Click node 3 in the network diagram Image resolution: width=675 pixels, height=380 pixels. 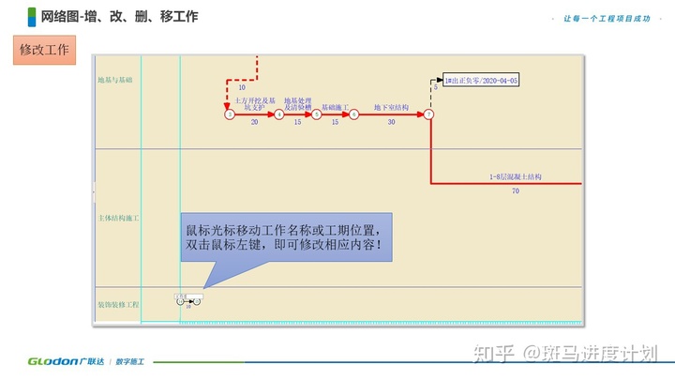pos(229,114)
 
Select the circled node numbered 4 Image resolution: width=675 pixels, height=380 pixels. pos(279,114)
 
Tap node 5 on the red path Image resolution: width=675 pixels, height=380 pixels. pos(317,114)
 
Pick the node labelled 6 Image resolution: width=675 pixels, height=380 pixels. pos(354,114)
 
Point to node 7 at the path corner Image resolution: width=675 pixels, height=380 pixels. pos(428,114)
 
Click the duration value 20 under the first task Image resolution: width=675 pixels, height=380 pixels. pos(254,123)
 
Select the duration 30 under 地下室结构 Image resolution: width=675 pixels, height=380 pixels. pos(391,123)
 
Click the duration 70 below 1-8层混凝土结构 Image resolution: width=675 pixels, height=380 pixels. pos(516,191)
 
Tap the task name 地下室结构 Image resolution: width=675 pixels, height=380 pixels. pos(391,107)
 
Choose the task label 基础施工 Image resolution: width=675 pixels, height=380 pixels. pos(336,107)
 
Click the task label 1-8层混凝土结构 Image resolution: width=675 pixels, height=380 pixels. pos(516,176)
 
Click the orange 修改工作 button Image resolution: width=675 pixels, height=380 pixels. pos(44,51)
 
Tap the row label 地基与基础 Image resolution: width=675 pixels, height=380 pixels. pos(115,81)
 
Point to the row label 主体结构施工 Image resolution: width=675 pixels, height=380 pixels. pos(118,218)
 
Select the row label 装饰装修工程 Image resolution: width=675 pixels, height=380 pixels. pos(118,305)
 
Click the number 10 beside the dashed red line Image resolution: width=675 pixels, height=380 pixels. pos(242,87)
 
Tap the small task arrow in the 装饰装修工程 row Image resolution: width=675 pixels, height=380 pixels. pos(187,301)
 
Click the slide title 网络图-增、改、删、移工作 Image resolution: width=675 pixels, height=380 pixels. pos(119,16)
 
